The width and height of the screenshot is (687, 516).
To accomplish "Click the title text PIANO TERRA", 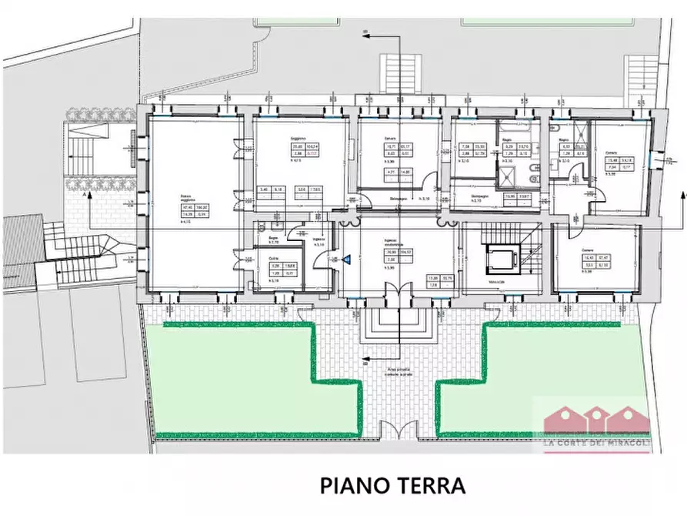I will click(x=392, y=486).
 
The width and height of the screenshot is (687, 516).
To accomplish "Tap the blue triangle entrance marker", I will click(x=346, y=260).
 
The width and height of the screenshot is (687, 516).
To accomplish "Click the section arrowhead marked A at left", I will click(x=90, y=197).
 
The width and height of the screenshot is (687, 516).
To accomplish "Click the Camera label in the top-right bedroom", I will click(x=610, y=152).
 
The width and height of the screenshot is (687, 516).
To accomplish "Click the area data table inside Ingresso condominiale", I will click(x=399, y=256).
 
